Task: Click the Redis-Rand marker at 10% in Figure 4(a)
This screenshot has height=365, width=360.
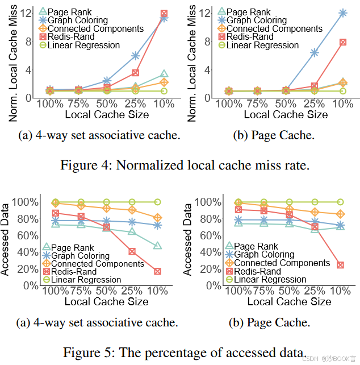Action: (x=164, y=13)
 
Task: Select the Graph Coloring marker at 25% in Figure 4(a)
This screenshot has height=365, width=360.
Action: (x=136, y=56)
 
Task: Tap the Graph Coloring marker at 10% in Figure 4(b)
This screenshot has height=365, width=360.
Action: (x=342, y=13)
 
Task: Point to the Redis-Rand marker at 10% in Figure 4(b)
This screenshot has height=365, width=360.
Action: (x=342, y=42)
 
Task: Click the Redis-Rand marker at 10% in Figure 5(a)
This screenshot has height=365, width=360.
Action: (x=157, y=271)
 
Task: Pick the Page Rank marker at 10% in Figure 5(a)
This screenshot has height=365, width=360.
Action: (x=157, y=246)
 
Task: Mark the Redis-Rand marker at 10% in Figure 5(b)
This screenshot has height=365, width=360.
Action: (x=340, y=265)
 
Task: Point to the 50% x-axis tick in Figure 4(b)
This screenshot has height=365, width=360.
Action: (x=289, y=105)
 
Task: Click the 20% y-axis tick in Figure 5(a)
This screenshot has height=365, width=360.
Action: (x=27, y=268)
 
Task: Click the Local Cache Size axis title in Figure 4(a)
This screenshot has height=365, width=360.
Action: (x=107, y=115)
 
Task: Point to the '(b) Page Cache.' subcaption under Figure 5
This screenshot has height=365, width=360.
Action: (x=269, y=323)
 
